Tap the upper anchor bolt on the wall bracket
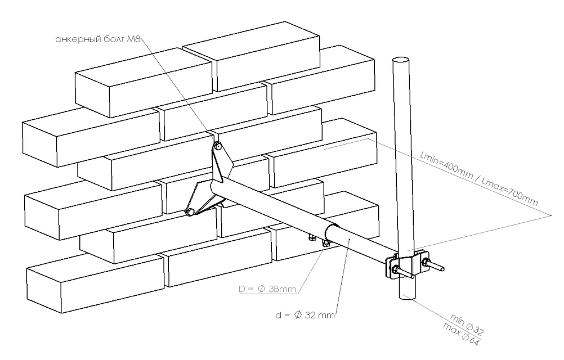click(x=218, y=146)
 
